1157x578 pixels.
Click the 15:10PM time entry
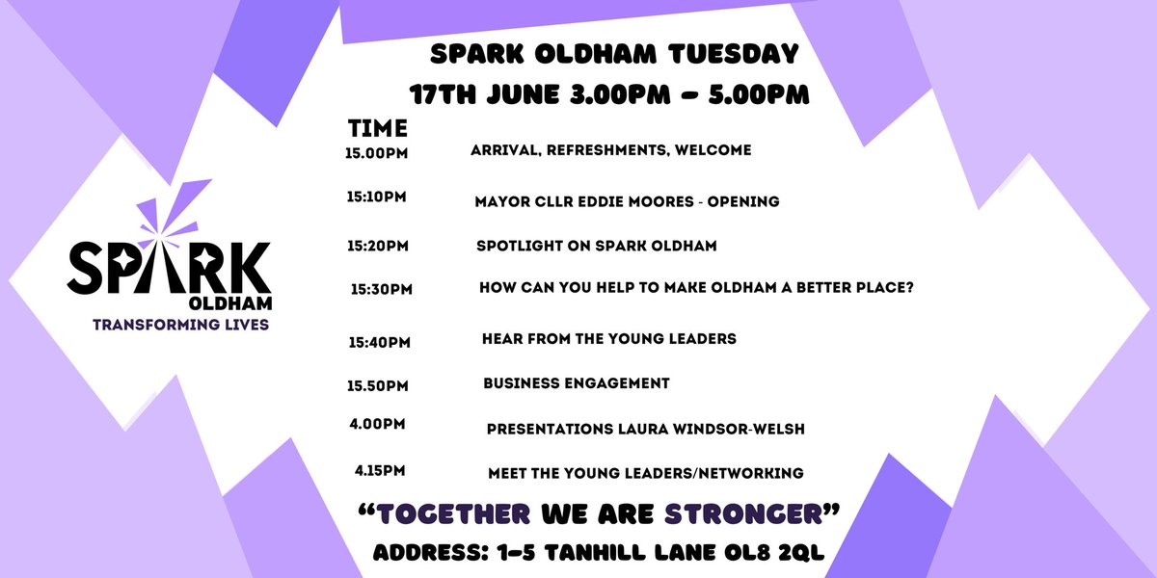(x=376, y=197)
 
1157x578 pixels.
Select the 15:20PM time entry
(x=377, y=246)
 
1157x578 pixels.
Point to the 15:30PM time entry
(x=382, y=289)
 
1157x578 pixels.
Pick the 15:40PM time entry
(x=379, y=341)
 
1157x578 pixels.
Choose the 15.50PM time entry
(x=378, y=385)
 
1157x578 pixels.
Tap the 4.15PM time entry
(x=381, y=471)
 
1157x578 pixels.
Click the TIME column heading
(x=378, y=128)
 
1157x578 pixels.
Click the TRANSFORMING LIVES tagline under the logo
(x=180, y=325)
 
